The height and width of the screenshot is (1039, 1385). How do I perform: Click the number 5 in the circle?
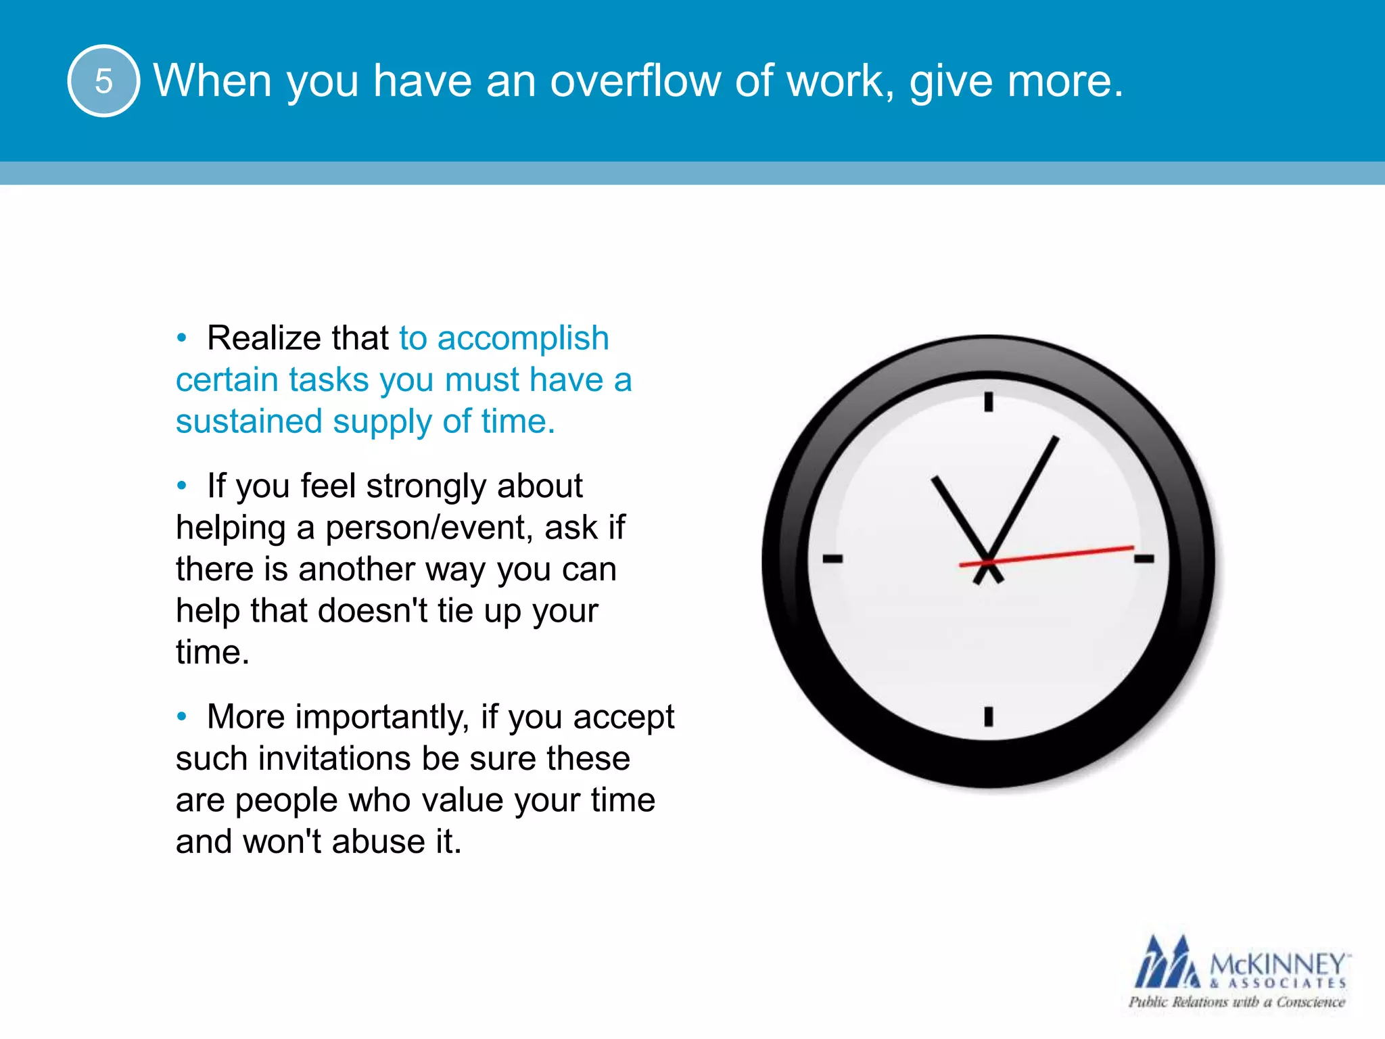tap(103, 81)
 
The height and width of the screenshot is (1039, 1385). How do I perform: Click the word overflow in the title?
tap(635, 81)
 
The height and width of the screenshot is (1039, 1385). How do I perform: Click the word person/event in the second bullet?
tap(426, 528)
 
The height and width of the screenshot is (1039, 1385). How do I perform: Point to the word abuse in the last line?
tap(378, 842)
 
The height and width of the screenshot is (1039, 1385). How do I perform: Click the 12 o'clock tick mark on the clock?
tap(988, 402)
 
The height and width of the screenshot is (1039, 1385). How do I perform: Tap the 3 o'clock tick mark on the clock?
tap(1144, 559)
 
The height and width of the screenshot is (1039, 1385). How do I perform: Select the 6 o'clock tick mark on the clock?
tap(988, 716)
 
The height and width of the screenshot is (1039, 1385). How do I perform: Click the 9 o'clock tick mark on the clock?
tap(832, 559)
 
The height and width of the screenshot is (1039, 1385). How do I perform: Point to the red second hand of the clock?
tap(1069, 553)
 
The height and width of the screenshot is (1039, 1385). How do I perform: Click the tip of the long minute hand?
tap(1056, 440)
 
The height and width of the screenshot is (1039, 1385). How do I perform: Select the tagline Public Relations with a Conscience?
tap(1236, 1002)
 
